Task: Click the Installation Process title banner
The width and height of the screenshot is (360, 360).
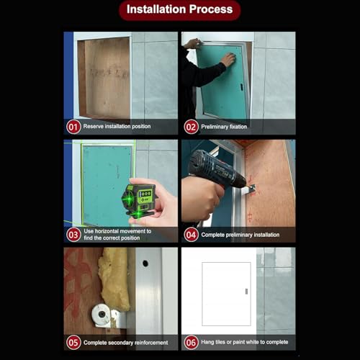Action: [180, 10]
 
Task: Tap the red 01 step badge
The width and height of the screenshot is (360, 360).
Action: [73, 127]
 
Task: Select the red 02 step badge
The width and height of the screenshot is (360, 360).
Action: [191, 127]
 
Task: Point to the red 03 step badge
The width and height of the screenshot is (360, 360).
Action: [73, 235]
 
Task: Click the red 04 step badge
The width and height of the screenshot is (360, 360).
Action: [191, 235]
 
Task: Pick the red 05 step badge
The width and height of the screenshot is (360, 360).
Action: [73, 343]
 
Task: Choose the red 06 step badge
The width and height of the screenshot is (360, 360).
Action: [191, 343]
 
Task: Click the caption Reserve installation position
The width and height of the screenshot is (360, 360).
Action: [117, 127]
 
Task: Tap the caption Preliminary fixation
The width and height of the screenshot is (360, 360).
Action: [224, 127]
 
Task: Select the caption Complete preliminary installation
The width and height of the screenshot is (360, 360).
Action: [240, 235]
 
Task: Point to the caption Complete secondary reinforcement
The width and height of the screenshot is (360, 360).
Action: [125, 343]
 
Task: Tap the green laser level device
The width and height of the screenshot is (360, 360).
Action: [138, 200]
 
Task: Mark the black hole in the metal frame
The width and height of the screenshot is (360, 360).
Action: [145, 264]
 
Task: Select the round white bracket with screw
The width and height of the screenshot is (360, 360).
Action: [102, 314]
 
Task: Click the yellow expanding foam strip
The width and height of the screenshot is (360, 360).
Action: [114, 279]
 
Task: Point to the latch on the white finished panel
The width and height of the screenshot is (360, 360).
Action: [246, 291]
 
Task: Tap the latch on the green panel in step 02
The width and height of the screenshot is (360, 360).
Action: [241, 87]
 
